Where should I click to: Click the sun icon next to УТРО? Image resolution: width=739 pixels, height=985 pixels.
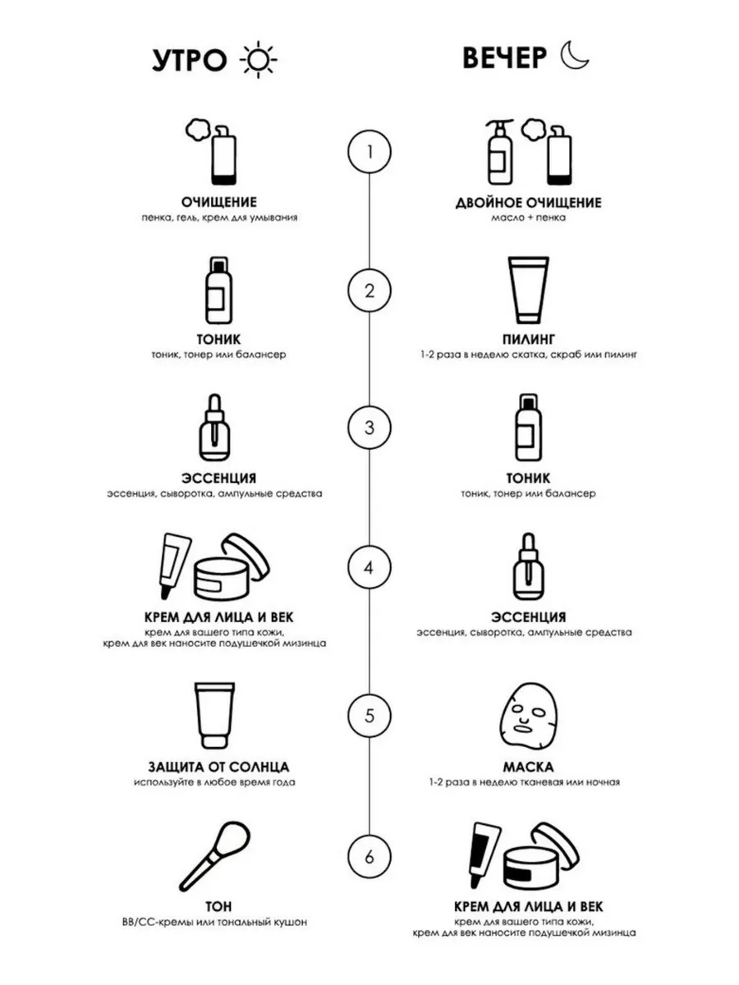(258, 60)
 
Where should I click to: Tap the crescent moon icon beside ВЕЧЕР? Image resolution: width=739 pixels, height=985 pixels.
(573, 56)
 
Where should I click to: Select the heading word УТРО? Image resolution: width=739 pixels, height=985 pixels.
(190, 60)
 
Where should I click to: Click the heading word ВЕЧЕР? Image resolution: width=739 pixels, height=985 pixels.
(504, 58)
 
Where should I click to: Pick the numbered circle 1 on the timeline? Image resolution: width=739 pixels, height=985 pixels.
(369, 152)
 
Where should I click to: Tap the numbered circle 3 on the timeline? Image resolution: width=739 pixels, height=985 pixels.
(369, 428)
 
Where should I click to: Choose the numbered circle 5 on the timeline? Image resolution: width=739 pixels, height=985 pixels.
(369, 715)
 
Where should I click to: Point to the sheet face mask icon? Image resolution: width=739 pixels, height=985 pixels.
(529, 715)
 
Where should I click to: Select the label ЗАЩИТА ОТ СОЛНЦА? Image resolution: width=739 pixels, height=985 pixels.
(219, 767)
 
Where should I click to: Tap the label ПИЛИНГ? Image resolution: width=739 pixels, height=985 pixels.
(529, 339)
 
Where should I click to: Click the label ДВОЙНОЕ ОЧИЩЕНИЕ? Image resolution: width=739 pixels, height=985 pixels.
(528, 203)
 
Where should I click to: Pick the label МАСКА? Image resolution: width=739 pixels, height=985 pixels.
(528, 767)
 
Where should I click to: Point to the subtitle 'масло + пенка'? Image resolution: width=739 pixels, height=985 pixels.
(528, 218)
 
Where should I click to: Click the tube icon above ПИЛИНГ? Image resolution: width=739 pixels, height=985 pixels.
(528, 291)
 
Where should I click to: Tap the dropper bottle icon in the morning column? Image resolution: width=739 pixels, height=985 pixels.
(215, 428)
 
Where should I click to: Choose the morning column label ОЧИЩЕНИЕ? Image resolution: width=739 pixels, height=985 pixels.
(219, 203)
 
